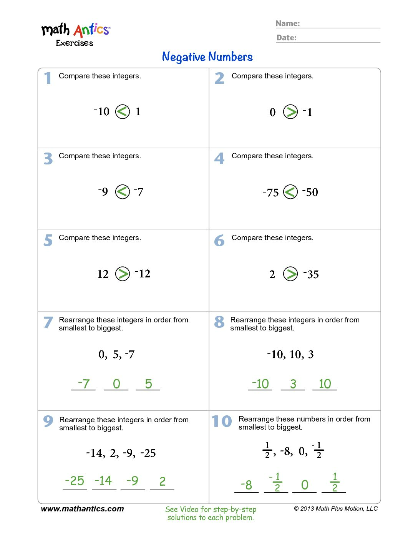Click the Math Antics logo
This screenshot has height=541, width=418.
click(75, 34)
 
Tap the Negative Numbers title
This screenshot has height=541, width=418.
click(207, 57)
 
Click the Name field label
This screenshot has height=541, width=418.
click(288, 23)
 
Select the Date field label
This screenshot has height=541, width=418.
click(287, 38)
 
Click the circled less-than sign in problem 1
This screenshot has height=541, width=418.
click(123, 112)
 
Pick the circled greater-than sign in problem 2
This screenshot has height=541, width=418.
click(290, 112)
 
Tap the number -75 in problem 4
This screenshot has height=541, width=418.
click(271, 192)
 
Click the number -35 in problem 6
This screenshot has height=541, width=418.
click(311, 274)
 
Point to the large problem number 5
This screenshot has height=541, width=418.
click(48, 241)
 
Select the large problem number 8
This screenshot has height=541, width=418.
click(219, 322)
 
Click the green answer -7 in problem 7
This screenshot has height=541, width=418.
click(83, 383)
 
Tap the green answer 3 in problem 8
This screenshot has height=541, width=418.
click(293, 384)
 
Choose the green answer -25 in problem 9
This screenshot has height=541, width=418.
click(75, 481)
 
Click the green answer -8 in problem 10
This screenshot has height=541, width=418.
click(246, 485)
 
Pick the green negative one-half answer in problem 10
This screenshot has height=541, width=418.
click(276, 482)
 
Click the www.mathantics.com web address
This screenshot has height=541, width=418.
click(82, 509)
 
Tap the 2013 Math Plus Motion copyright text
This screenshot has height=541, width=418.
click(336, 508)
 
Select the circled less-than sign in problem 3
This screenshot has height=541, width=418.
click(123, 191)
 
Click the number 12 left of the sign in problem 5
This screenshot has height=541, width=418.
click(103, 274)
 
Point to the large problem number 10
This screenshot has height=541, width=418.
click(222, 422)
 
